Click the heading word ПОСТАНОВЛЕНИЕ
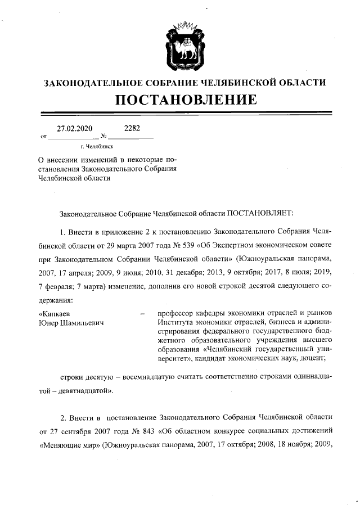click(x=186, y=101)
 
